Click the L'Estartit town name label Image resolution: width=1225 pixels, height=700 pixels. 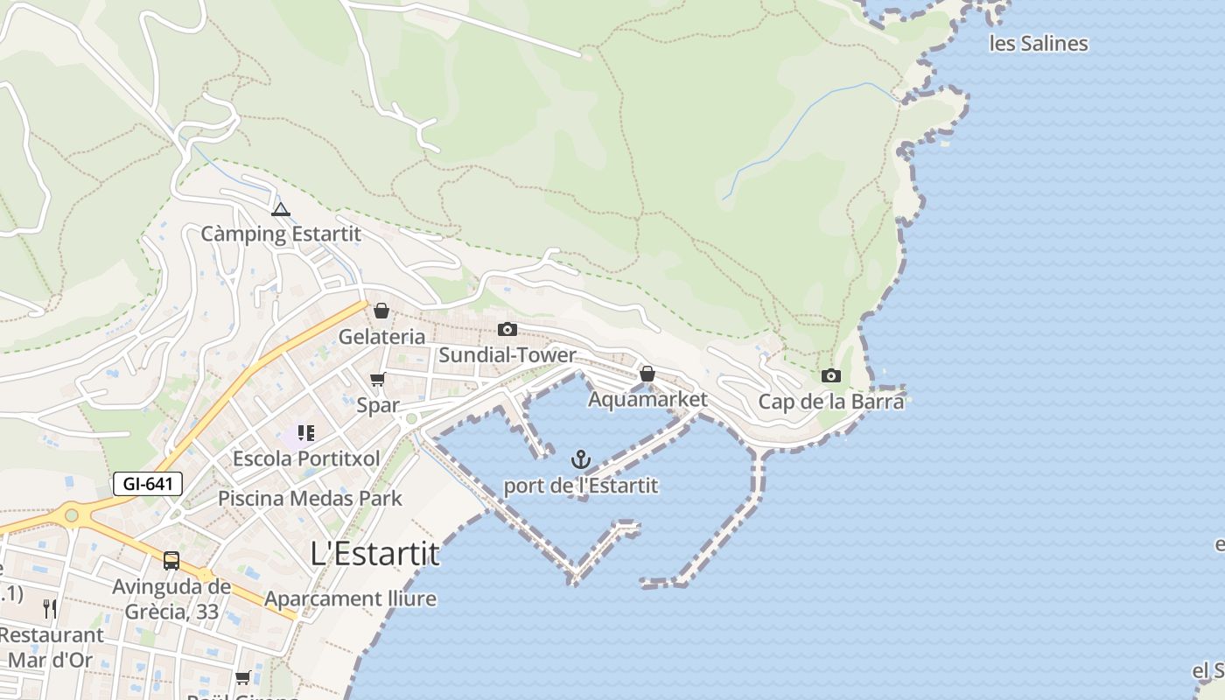tap(374, 553)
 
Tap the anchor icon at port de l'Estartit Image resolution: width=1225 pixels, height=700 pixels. tap(581, 459)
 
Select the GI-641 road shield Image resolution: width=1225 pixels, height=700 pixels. tap(147, 484)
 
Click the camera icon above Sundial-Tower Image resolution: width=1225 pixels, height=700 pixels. tap(507, 330)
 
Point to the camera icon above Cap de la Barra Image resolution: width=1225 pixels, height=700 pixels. tap(830, 376)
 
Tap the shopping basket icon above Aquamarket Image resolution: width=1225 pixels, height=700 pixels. tap(647, 374)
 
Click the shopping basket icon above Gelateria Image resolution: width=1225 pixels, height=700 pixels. tap(381, 311)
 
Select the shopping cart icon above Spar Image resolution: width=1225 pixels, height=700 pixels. tap(377, 380)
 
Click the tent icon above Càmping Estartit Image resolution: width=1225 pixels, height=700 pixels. tap(280, 210)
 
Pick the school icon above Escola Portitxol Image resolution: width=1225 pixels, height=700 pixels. tap(305, 433)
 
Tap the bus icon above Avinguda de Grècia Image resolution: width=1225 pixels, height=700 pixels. tap(171, 561)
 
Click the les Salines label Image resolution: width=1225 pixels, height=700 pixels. tap(1039, 44)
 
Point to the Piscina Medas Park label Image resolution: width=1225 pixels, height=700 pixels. tap(310, 499)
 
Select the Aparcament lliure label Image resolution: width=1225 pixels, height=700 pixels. tap(350, 599)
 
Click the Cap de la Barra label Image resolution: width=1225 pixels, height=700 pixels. tap(830, 402)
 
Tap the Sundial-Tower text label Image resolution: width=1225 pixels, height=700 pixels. tap(507, 355)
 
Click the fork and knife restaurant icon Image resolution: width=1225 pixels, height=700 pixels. tap(50, 609)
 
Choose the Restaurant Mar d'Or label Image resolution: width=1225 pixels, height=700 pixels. tap(51, 647)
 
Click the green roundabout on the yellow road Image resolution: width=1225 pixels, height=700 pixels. tap(71, 515)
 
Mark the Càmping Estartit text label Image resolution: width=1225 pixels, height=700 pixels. tap(280, 234)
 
